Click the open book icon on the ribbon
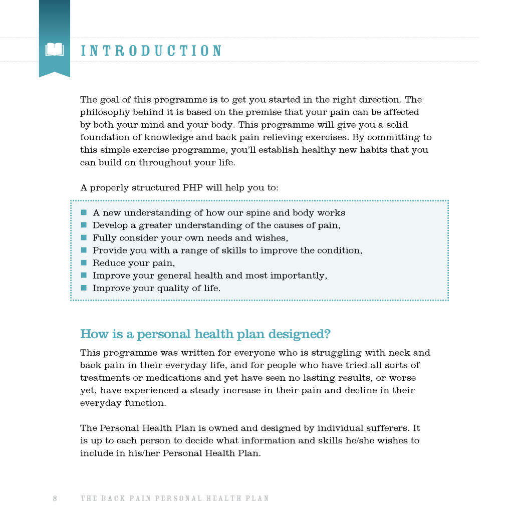pyautogui.click(x=54, y=50)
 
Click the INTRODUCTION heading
pyautogui.click(x=151, y=51)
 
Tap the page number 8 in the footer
pyautogui.click(x=55, y=498)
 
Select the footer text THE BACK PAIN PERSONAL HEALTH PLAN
pyautogui.click(x=175, y=498)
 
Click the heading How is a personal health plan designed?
pyautogui.click(x=205, y=334)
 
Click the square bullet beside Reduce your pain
pyautogui.click(x=84, y=263)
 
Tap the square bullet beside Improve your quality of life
pyautogui.click(x=84, y=288)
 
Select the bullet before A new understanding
pyautogui.click(x=84, y=212)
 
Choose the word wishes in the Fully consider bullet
pyautogui.click(x=272, y=238)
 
